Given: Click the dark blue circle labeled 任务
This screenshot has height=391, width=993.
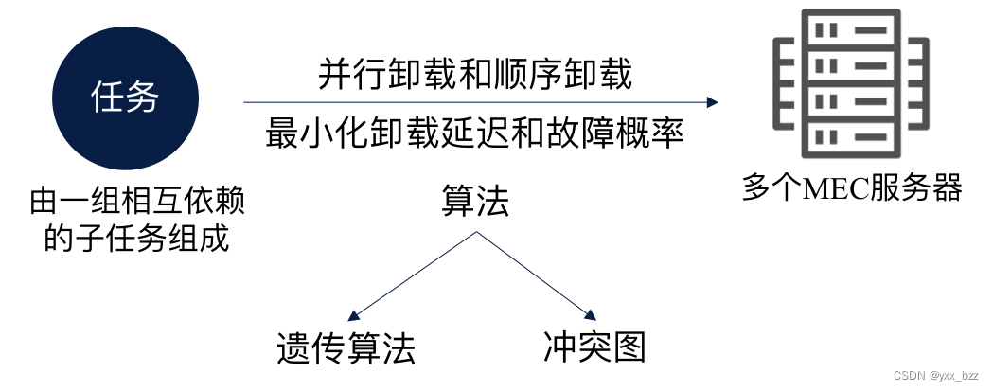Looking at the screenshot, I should click(124, 98).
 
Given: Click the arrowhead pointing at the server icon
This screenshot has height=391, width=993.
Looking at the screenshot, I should click(713, 102).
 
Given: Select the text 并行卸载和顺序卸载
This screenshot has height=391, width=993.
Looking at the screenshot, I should click(474, 74).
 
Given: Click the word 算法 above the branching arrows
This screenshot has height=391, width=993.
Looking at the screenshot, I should click(475, 201).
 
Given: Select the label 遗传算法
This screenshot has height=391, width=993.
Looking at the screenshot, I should click(346, 349).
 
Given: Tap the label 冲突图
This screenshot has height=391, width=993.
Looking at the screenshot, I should click(594, 347).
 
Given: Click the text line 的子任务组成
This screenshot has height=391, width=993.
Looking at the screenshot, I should click(136, 237).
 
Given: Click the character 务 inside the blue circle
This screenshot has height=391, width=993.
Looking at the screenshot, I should click(142, 98).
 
